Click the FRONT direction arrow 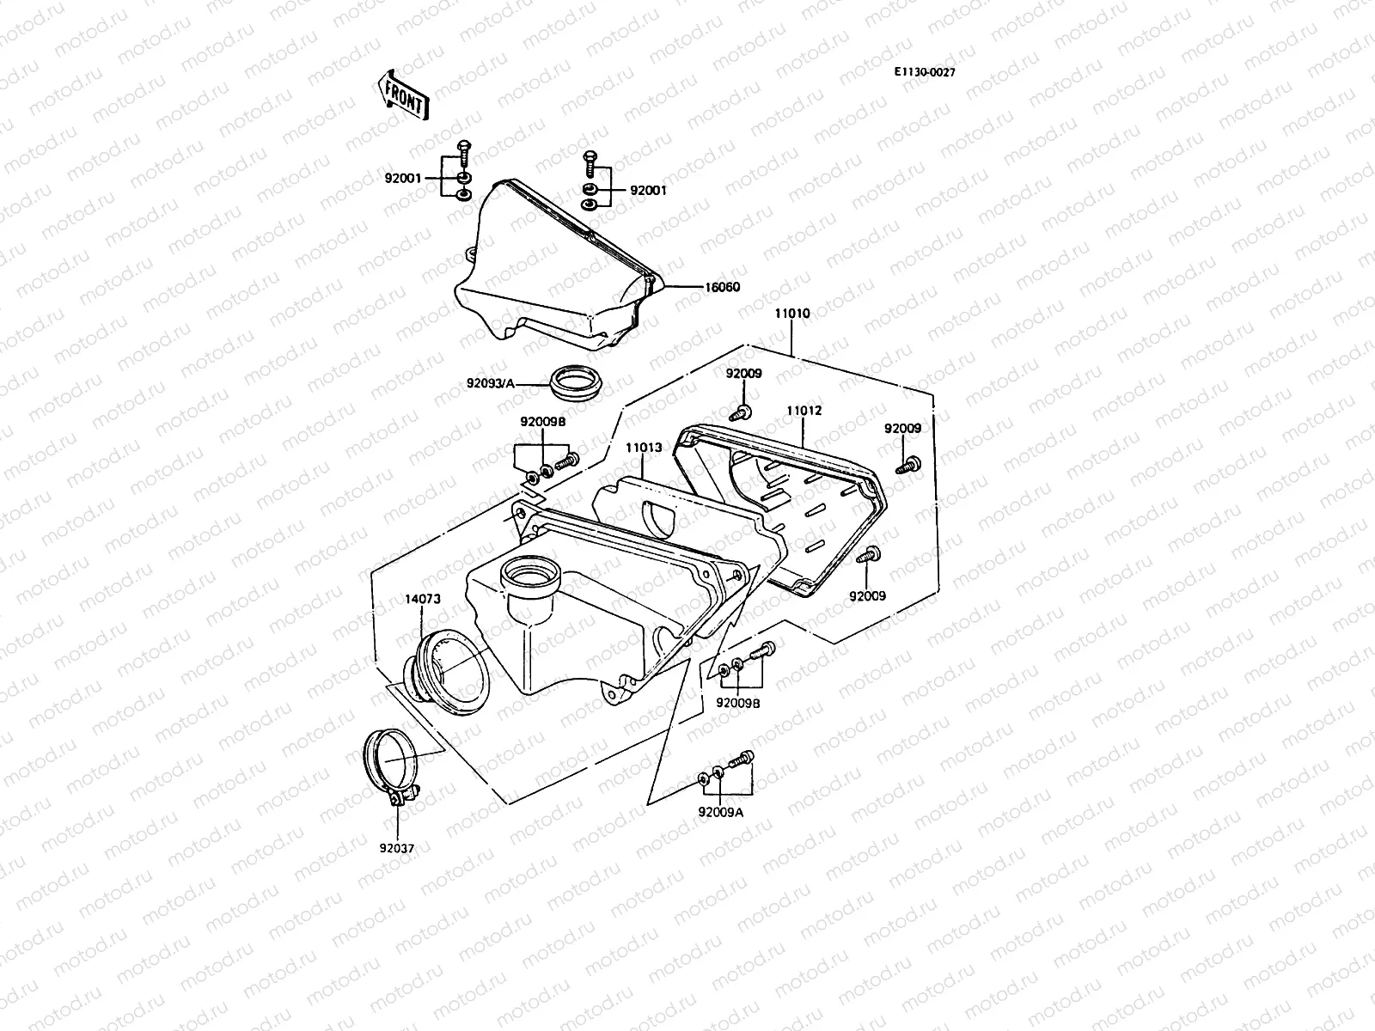click(400, 94)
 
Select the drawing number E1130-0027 click(924, 72)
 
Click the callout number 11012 click(804, 411)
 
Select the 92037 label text click(396, 848)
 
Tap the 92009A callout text click(720, 810)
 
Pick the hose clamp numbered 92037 click(388, 760)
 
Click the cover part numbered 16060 click(550, 266)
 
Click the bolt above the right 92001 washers click(590, 161)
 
